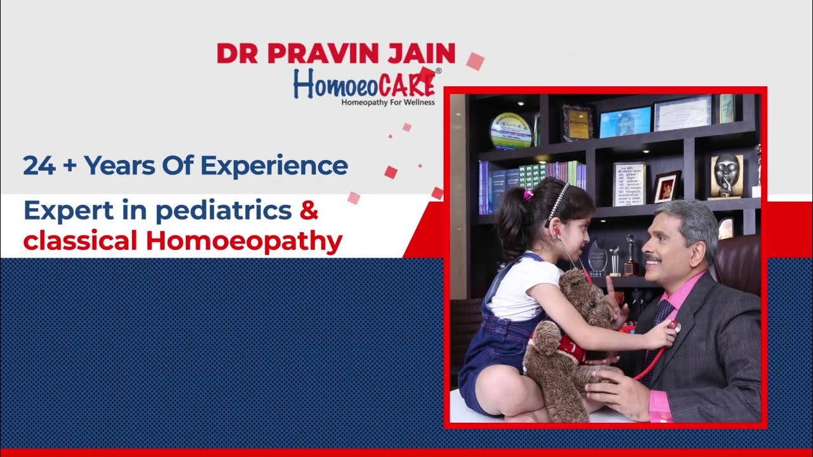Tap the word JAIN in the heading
(x=424, y=53)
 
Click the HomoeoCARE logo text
(x=364, y=84)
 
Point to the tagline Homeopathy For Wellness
(x=387, y=102)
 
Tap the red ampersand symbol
(x=309, y=211)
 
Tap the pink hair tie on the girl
(x=528, y=194)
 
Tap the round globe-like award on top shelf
(x=510, y=131)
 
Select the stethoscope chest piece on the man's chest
(x=675, y=328)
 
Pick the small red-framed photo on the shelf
(x=666, y=187)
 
